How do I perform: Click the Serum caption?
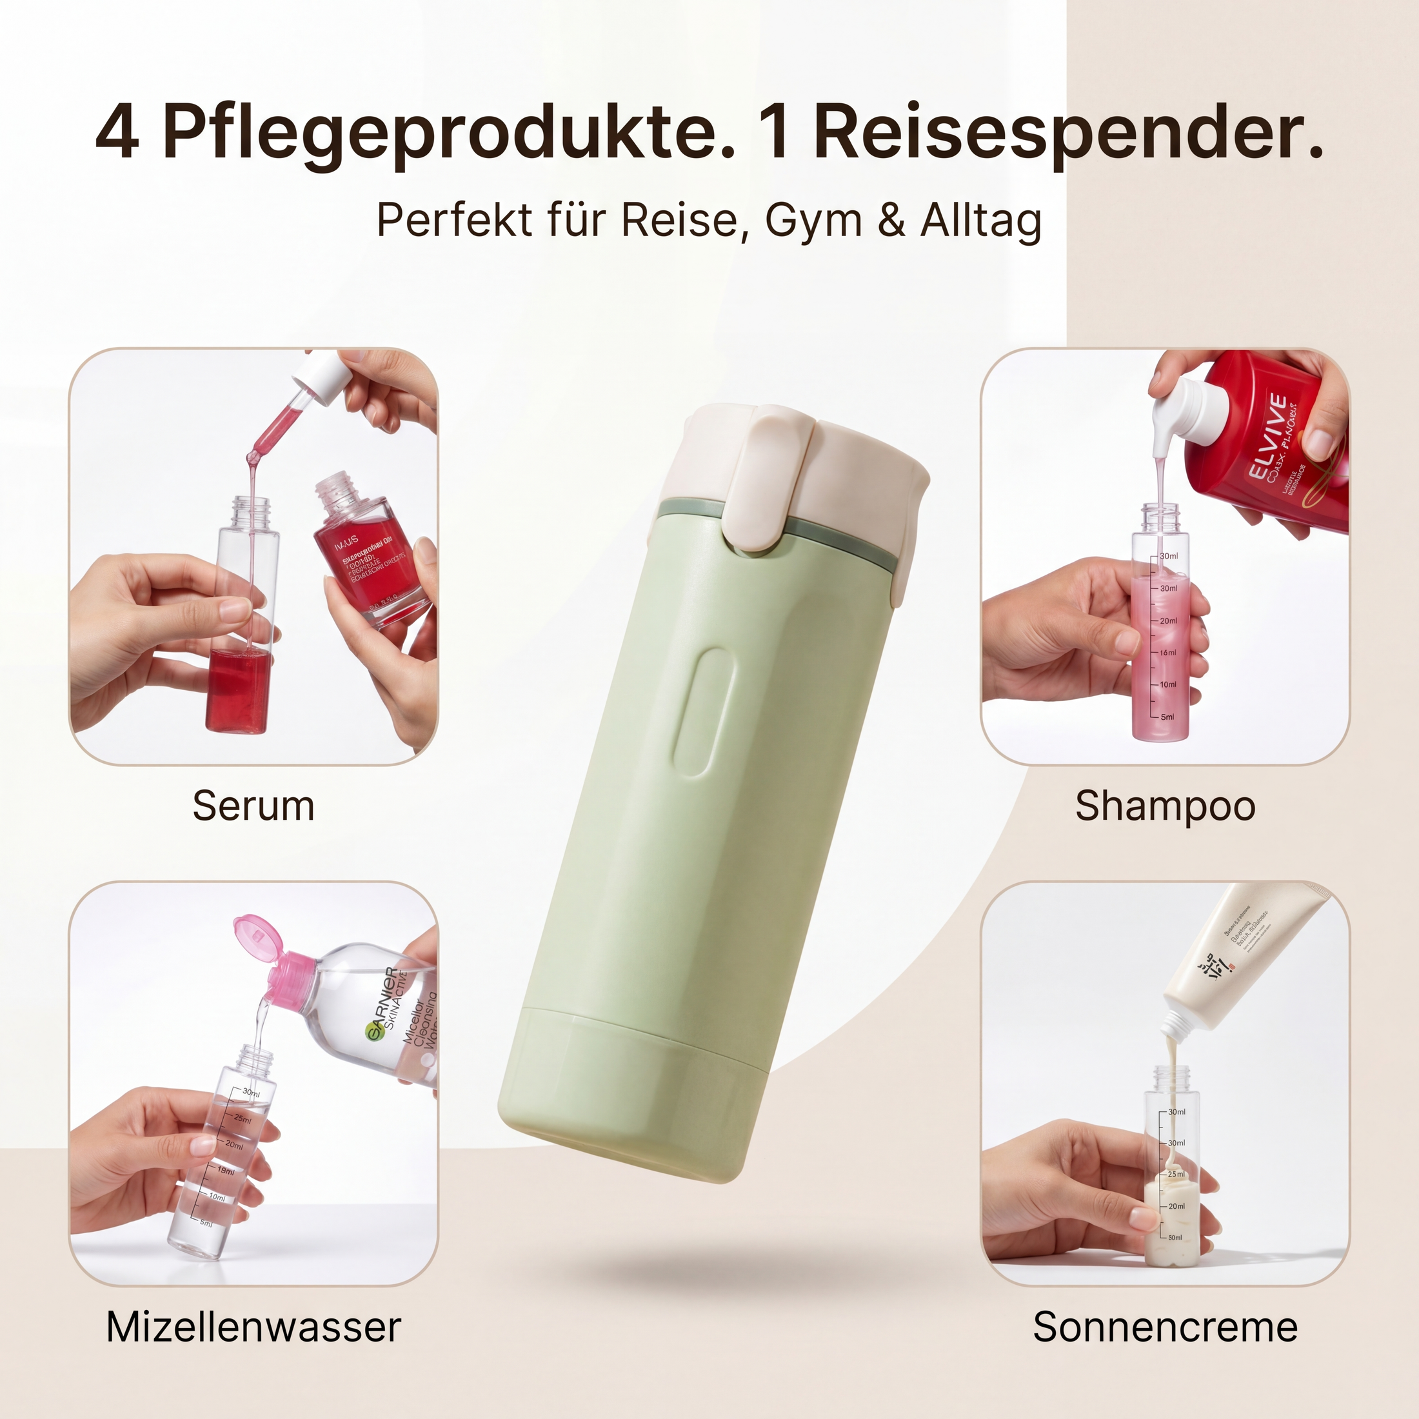(253, 806)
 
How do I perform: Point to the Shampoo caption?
(1165, 806)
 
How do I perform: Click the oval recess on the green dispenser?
(700, 713)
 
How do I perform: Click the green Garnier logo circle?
(379, 1034)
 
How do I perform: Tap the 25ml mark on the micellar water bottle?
(243, 1118)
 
